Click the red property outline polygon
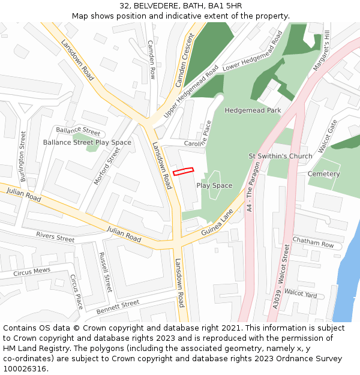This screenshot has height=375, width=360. [184, 172]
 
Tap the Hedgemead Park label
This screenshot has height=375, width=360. [253, 110]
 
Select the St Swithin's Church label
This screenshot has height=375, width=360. [280, 156]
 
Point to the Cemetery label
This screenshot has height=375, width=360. [323, 174]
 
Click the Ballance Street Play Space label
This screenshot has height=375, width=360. [87, 142]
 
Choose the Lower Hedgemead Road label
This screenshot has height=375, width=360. [252, 51]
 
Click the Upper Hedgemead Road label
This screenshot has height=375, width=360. [191, 91]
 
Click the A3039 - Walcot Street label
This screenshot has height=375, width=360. [281, 275]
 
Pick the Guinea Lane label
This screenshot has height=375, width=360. [217, 223]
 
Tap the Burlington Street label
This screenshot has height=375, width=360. [23, 157]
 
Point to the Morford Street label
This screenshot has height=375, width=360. [107, 165]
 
